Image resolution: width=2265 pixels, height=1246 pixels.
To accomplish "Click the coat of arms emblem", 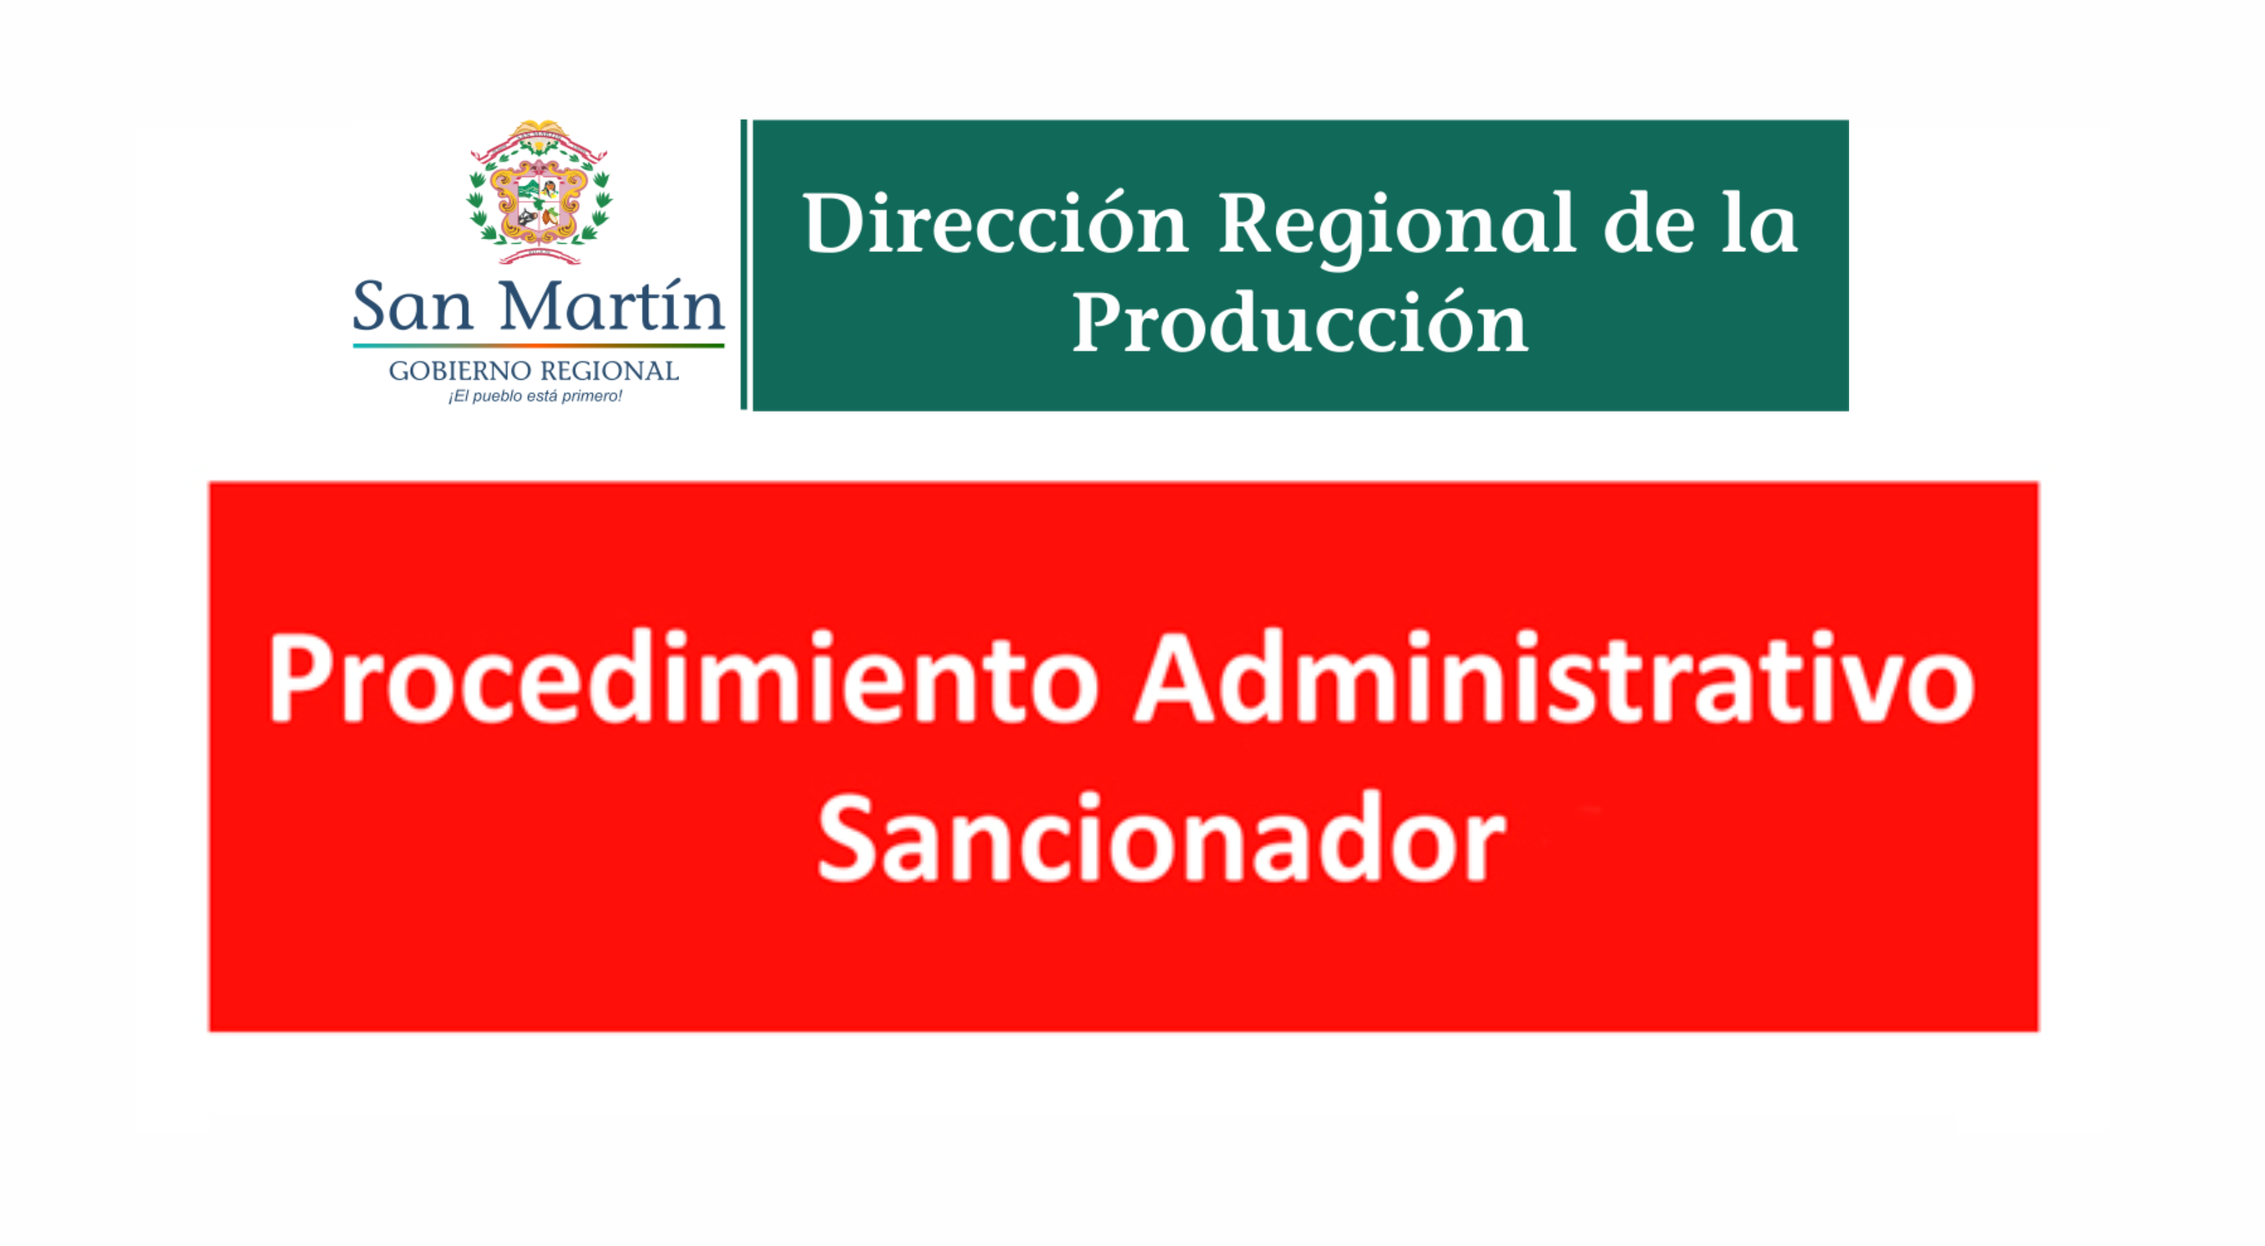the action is click(539, 191).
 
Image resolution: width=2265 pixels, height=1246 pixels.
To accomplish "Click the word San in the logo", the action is click(412, 305).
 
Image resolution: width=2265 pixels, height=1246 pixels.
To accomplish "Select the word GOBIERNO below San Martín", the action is click(460, 371).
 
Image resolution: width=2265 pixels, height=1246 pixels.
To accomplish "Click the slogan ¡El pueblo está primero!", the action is click(535, 396).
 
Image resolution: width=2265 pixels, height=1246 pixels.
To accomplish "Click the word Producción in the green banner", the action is click(1300, 324).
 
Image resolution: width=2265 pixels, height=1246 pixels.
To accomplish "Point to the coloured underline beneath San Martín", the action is click(538, 345).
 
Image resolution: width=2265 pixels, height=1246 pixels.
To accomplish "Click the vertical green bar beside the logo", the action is click(744, 265).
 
